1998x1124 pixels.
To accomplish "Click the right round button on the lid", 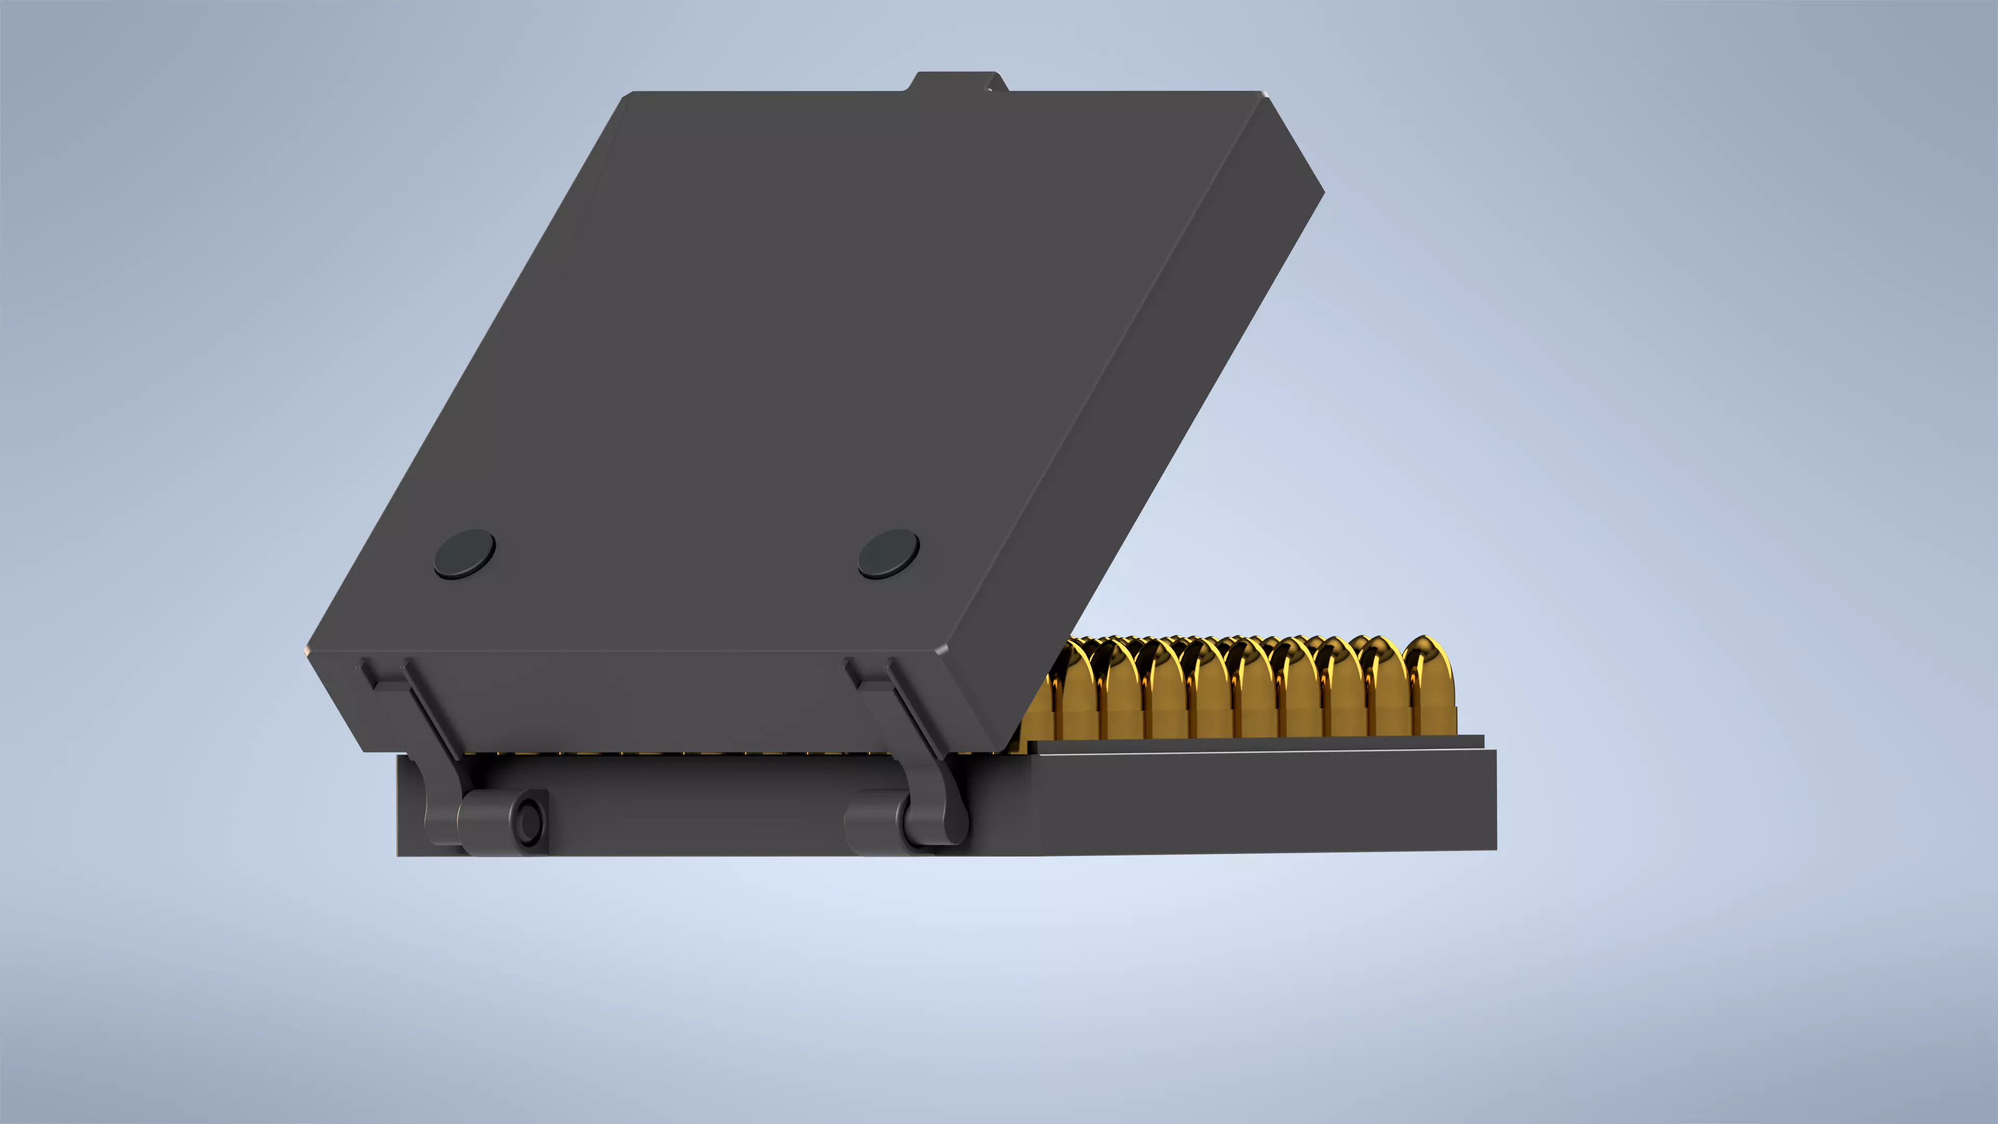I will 889,554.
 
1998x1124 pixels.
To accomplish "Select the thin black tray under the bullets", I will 1257,743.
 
